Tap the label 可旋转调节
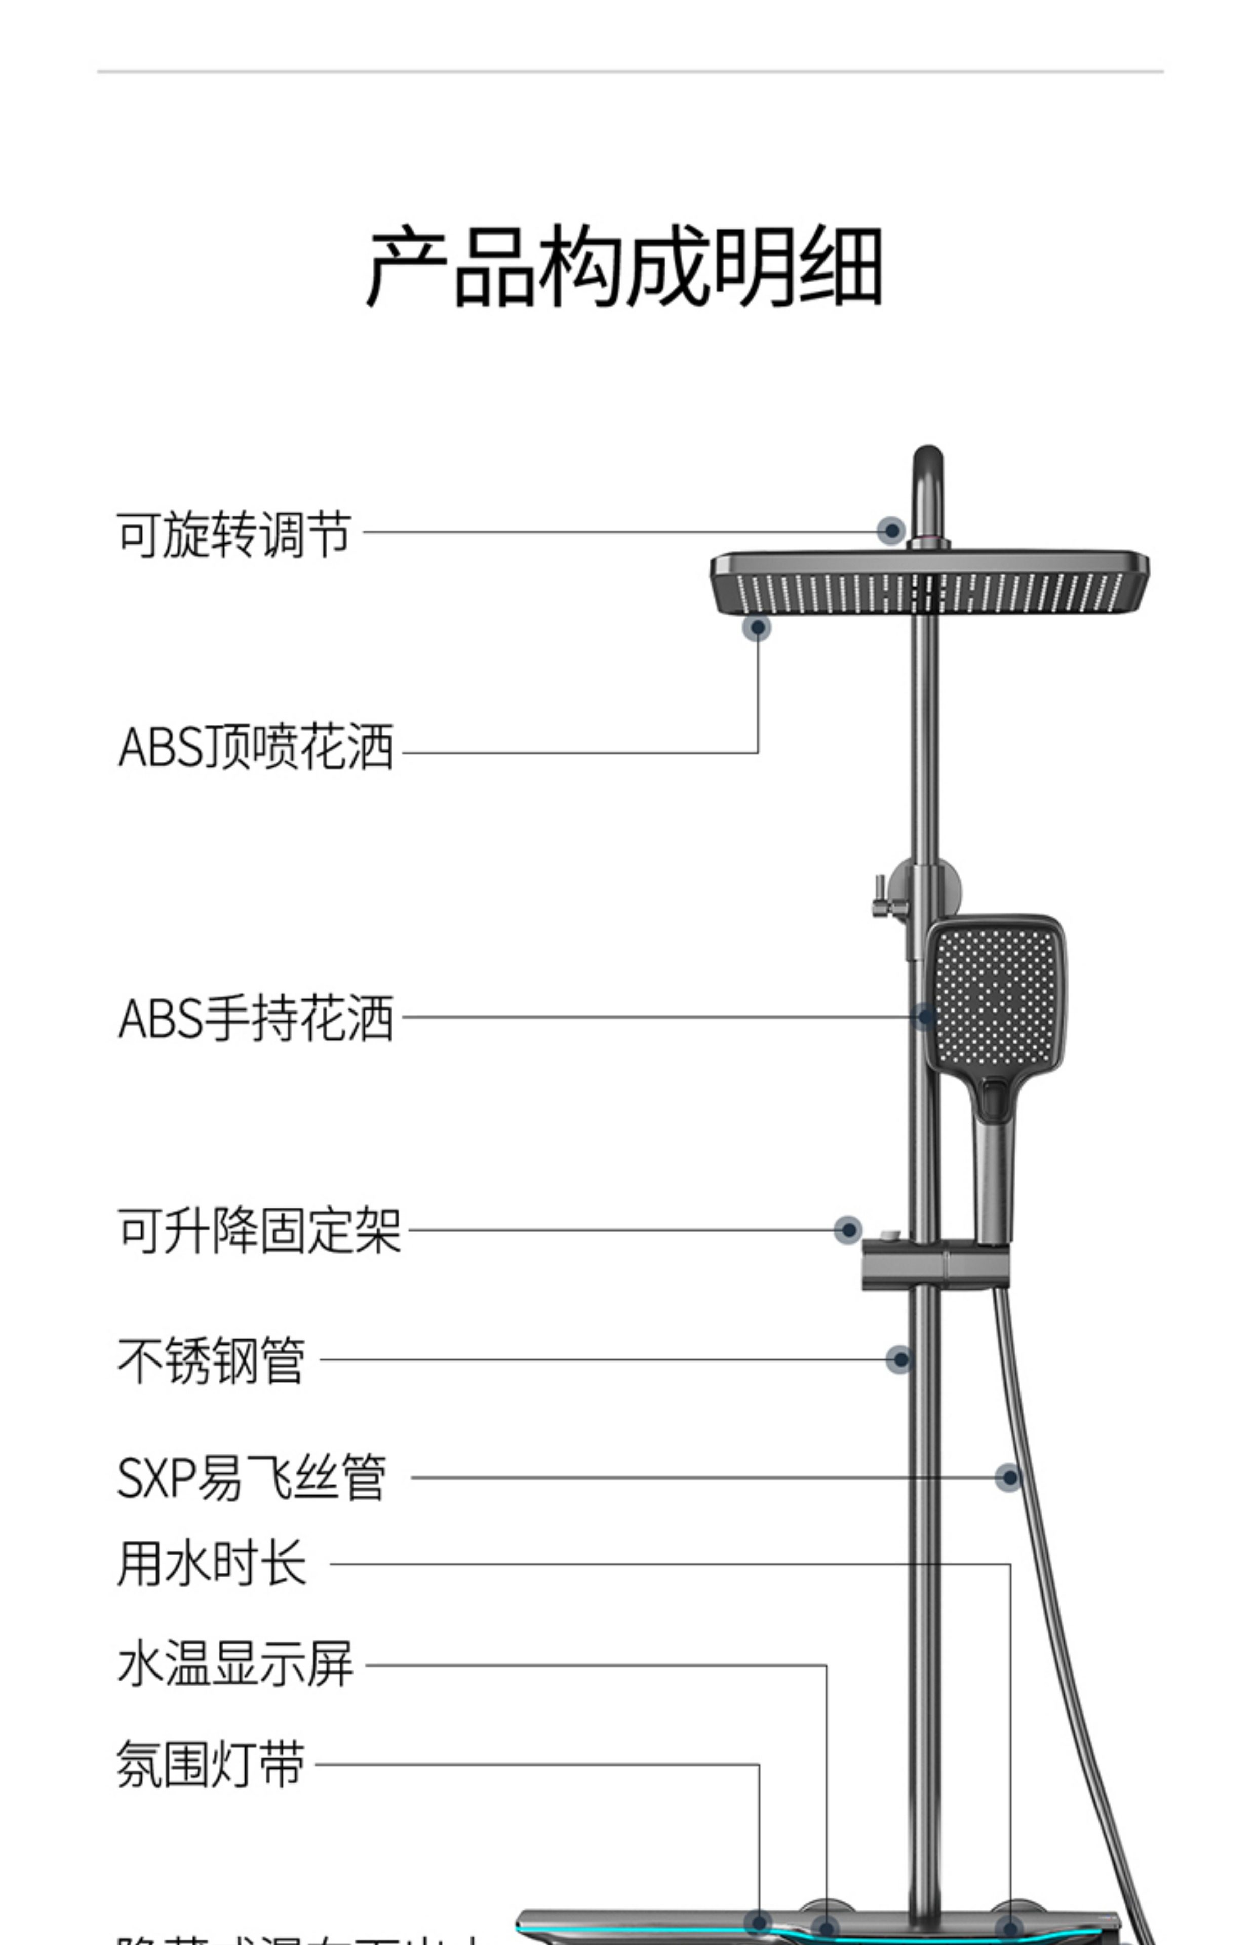click(234, 535)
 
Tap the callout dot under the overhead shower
click(757, 627)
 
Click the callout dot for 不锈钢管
click(899, 1359)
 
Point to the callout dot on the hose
click(1009, 1477)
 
